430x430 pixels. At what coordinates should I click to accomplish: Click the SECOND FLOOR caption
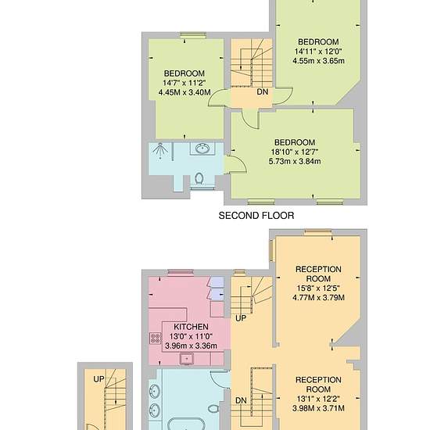(256, 216)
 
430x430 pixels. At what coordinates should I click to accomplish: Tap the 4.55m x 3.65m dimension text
(318, 61)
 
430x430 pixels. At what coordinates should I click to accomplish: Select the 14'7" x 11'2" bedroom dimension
(185, 83)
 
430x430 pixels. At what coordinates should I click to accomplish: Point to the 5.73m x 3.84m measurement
(295, 161)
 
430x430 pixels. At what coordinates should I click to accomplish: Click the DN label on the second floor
(263, 92)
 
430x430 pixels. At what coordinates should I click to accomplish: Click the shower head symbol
(159, 150)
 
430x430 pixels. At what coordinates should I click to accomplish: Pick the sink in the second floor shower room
(202, 149)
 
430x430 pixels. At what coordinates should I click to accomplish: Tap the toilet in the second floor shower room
(199, 179)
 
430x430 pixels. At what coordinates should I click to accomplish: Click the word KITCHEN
(191, 327)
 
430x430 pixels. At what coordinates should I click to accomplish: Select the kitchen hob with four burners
(156, 338)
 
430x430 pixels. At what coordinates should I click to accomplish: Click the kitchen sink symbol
(187, 358)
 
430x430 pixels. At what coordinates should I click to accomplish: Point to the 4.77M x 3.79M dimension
(318, 298)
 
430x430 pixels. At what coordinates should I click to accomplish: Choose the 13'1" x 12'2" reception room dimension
(318, 399)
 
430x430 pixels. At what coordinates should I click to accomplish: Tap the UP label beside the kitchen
(241, 318)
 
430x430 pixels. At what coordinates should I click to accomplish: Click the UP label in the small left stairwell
(99, 379)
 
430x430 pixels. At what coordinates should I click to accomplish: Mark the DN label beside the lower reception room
(241, 400)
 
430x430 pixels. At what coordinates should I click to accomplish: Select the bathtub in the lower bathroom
(186, 424)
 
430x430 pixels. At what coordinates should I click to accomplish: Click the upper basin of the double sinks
(155, 391)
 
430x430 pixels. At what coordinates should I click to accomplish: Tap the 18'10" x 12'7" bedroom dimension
(295, 152)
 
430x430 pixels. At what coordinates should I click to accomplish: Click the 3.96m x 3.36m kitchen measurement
(191, 346)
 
